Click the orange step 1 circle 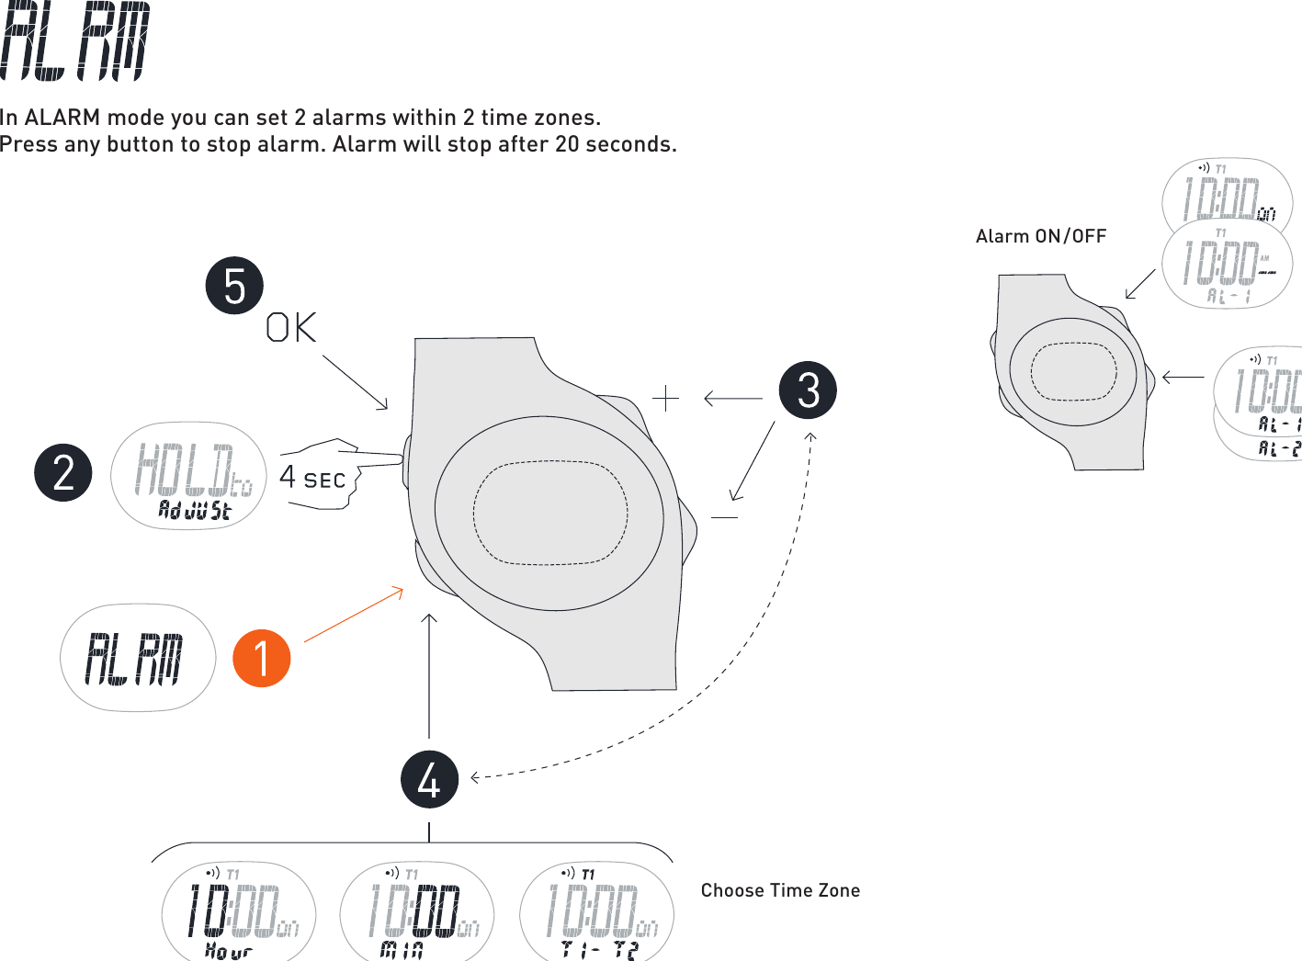point(262,658)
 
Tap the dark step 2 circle point(63,472)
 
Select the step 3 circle point(808,390)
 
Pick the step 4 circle point(429,779)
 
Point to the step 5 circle point(234,285)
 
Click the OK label point(291,328)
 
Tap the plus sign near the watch point(665,398)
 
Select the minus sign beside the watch point(724,517)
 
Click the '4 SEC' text point(312,479)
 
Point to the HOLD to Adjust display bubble point(189,476)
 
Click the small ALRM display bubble point(138,658)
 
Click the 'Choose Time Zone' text point(780,890)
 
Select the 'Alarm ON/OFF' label point(1040,236)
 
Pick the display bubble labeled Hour point(239,911)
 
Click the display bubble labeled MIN point(417,911)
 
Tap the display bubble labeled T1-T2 point(597,911)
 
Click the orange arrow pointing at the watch point(354,613)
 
